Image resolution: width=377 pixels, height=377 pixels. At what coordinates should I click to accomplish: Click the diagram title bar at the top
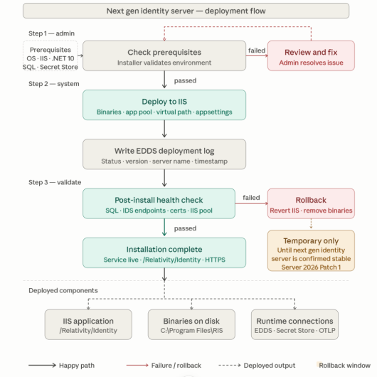(x=186, y=11)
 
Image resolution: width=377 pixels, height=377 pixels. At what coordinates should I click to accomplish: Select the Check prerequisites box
(x=164, y=55)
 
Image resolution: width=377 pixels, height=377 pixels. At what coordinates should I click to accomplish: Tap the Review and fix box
(x=311, y=55)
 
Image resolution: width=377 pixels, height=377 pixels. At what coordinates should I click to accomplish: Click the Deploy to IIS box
(x=164, y=105)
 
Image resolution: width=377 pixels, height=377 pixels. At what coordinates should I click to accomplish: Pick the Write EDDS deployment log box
(x=164, y=154)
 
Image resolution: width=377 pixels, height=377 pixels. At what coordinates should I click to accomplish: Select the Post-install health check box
(x=159, y=203)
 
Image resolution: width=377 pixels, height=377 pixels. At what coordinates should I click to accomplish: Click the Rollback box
(x=311, y=203)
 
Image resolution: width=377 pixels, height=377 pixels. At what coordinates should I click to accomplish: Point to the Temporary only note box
(x=311, y=250)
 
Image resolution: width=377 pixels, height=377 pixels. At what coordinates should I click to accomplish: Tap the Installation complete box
(x=164, y=253)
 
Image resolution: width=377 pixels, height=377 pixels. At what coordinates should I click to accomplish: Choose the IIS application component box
(x=88, y=324)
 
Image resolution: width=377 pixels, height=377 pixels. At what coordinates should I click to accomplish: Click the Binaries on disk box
(x=191, y=324)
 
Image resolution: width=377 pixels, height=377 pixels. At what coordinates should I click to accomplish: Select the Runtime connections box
(x=294, y=324)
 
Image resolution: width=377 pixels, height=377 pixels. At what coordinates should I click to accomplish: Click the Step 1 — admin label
(x=51, y=33)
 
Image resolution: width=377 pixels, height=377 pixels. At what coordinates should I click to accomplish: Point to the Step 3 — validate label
(x=55, y=182)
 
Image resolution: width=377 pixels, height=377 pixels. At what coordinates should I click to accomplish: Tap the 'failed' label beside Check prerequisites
(x=257, y=51)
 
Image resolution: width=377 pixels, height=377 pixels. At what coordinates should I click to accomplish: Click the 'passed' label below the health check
(x=185, y=228)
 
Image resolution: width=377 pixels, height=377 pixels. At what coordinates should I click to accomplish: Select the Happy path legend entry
(x=61, y=365)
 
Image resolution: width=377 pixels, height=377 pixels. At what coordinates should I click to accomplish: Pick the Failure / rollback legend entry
(x=164, y=365)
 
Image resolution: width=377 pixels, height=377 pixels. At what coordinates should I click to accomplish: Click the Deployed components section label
(x=63, y=290)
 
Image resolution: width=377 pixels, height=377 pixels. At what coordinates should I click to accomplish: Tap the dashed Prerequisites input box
(x=51, y=55)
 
